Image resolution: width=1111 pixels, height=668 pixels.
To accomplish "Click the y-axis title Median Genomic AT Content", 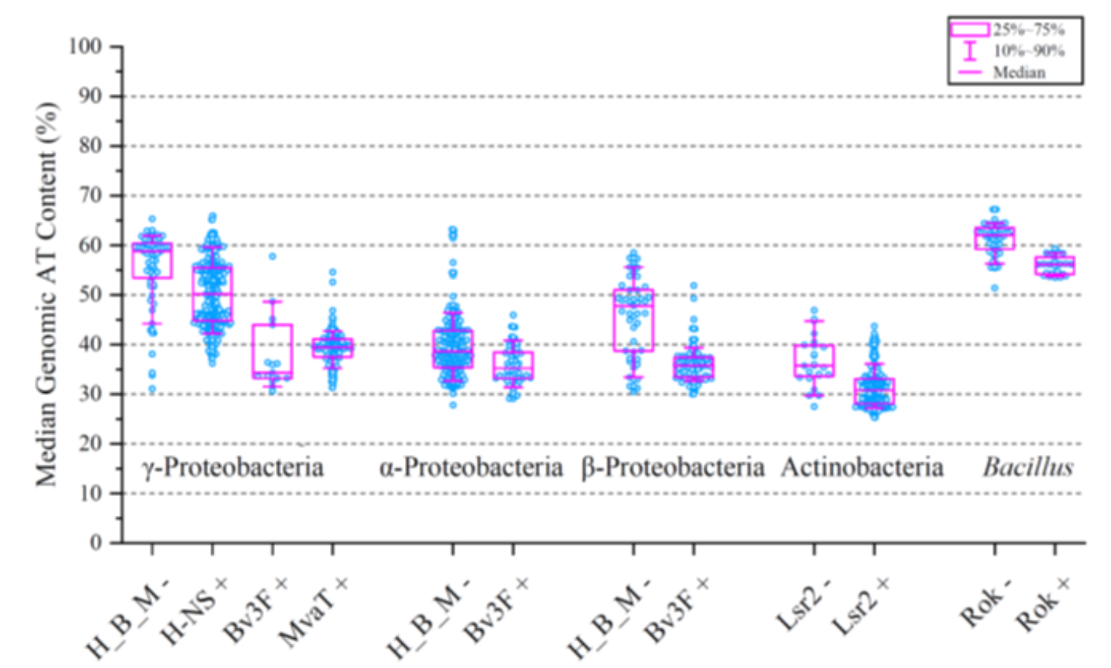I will point(47,293).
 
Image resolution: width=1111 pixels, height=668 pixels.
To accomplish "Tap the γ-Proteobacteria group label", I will point(233,467).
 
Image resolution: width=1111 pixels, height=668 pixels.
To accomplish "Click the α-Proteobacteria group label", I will point(471,467).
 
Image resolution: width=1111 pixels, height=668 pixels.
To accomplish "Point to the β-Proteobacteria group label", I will point(673,467).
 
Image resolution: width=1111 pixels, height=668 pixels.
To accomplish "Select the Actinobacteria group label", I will point(862,467).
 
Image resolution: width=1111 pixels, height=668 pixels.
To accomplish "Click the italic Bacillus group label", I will point(1027,467).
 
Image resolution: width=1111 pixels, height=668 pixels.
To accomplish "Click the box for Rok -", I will point(994,238).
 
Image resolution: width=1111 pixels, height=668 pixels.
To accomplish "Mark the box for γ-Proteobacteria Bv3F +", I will point(273,351).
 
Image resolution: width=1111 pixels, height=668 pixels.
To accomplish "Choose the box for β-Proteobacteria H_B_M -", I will point(634,320).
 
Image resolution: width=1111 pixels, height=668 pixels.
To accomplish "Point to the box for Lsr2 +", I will point(874,392).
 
